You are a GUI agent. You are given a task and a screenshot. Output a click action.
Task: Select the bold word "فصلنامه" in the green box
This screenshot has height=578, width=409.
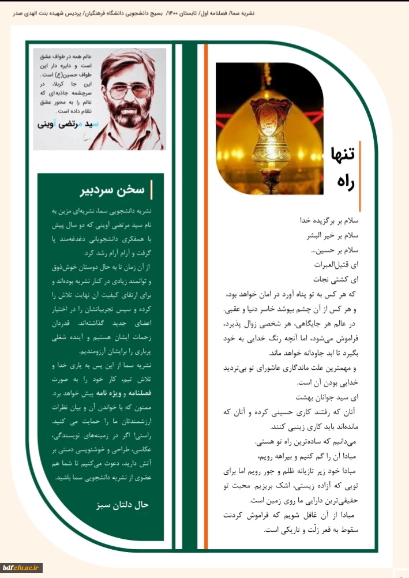click(x=145, y=393)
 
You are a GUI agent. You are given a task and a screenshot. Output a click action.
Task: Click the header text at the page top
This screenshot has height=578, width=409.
click(x=204, y=12)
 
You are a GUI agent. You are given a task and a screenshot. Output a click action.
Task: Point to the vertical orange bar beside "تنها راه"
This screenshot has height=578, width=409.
click(x=360, y=175)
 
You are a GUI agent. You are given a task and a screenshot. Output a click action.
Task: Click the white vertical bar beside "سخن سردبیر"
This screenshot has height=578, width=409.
click(x=151, y=190)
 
